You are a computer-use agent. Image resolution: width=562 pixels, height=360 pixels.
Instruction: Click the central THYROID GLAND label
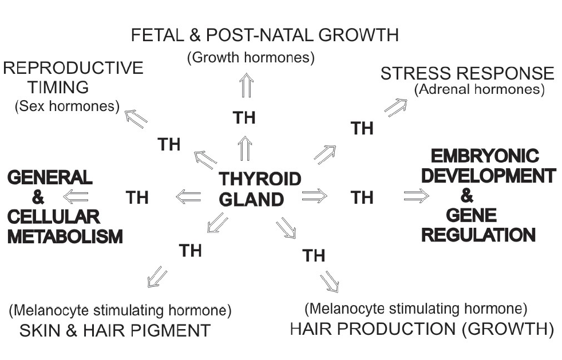click(x=259, y=188)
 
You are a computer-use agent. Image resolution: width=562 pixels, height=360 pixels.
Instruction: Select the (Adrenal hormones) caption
click(x=478, y=90)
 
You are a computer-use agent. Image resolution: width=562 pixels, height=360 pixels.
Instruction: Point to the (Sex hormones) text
click(x=67, y=106)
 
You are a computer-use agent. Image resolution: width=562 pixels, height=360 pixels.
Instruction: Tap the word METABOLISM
click(x=65, y=236)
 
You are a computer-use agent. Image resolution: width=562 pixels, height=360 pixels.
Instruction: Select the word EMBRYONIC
click(x=484, y=157)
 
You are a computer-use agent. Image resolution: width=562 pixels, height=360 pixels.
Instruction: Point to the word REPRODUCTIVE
click(x=73, y=68)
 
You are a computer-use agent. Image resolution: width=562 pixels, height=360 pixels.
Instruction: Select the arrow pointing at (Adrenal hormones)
click(x=395, y=106)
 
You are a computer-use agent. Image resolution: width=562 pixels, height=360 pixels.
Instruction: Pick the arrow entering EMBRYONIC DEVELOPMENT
click(x=416, y=196)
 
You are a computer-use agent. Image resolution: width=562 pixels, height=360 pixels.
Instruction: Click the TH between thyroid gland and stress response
click(x=362, y=128)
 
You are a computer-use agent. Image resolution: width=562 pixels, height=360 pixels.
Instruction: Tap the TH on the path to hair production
click(x=314, y=255)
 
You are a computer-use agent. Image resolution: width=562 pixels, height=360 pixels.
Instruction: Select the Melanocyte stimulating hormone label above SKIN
click(x=120, y=311)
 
